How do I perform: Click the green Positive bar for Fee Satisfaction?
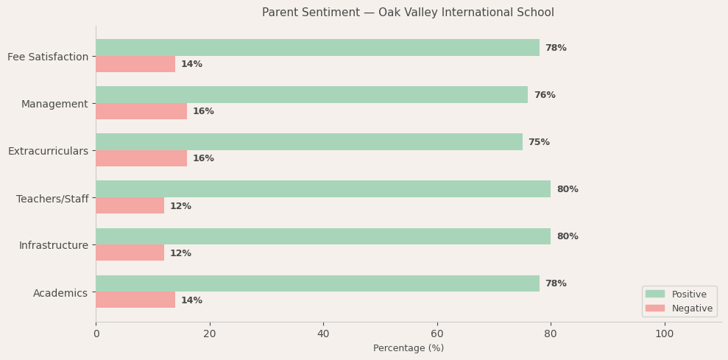coord(317,48)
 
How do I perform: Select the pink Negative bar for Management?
coord(141,111)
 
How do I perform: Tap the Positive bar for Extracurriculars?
coord(309,142)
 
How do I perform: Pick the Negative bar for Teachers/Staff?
coord(130,205)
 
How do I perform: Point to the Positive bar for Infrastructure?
coord(323,236)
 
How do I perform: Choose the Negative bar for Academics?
coord(135,300)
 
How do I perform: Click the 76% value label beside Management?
coord(545,95)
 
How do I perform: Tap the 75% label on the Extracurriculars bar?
coord(539,142)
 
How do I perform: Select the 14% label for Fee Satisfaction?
coord(191,64)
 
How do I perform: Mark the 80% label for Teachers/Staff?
coord(568,189)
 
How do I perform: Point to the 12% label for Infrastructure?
coord(180,253)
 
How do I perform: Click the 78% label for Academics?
coord(556,283)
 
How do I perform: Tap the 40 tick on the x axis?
coord(323,333)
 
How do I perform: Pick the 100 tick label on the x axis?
coord(664,333)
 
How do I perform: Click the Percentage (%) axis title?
coord(409,348)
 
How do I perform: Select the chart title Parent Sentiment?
coord(408,13)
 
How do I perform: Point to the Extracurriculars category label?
coord(48,151)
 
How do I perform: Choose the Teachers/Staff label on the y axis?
coord(52,199)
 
